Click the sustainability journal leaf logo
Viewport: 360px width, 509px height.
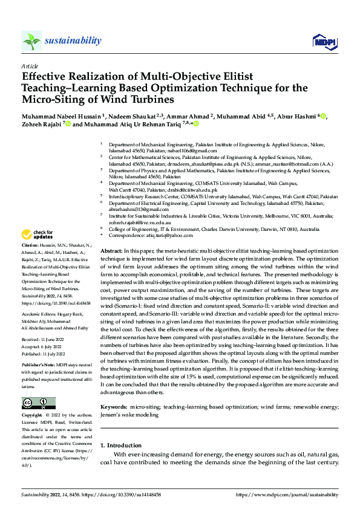coord(31,41)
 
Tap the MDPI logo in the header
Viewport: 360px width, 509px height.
coord(324,41)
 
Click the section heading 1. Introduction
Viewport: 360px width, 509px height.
coord(125,445)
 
